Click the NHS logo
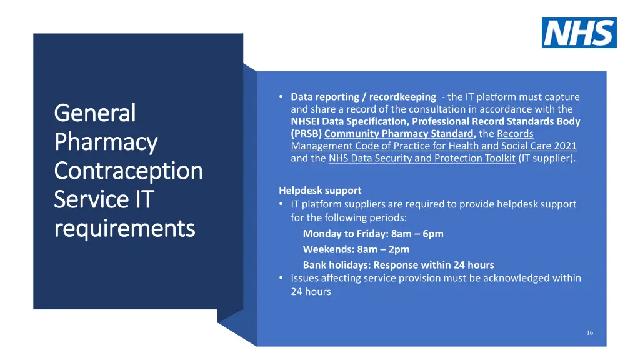pos(579,33)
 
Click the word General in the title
pos(95,113)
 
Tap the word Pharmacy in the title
pos(106,142)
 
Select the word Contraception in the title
pos(129,171)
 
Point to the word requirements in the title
pos(125,229)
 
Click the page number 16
pos(589,332)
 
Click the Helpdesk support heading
pos(320,191)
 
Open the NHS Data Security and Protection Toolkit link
pos(422,158)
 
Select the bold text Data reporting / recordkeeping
pos(363,97)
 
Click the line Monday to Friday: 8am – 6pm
pos(373,234)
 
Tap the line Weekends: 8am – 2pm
pos(356,249)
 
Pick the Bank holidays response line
pos(398,265)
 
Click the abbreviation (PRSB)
pos(306,134)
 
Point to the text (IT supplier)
pos(547,158)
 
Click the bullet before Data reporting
pos(282,97)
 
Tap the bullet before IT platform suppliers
pos(282,204)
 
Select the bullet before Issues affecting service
pos(282,278)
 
